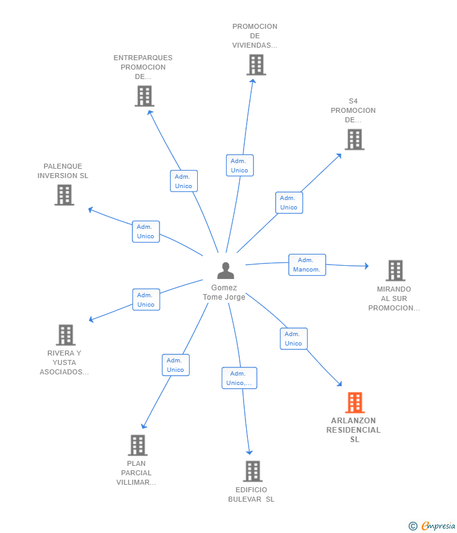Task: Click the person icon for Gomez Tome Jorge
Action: (225, 271)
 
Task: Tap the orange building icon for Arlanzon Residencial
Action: (355, 403)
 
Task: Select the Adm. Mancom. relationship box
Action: (307, 265)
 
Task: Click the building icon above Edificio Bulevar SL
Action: (253, 471)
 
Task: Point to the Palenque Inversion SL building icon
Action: (64, 195)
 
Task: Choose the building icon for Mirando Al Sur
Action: (395, 271)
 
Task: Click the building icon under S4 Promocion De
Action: (355, 139)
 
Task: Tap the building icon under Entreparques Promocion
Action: (144, 96)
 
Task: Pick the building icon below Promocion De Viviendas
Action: (256, 65)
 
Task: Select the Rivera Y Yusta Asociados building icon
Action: (66, 335)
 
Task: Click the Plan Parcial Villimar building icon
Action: (138, 445)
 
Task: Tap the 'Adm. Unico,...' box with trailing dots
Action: (239, 378)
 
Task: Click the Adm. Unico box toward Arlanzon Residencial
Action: (294, 339)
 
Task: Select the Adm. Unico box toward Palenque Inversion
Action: (146, 231)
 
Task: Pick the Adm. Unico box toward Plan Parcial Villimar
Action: (176, 365)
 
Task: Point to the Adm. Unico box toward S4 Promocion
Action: (289, 203)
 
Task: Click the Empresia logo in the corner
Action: (432, 526)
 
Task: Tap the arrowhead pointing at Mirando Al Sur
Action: (367, 266)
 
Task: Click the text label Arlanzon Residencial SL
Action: (353, 430)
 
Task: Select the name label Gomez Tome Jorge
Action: (224, 292)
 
